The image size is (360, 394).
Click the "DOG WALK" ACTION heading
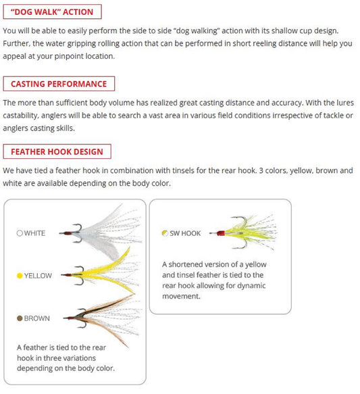click(x=52, y=11)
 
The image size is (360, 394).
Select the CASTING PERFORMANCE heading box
click(x=59, y=84)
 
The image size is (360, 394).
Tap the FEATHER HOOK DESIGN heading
click(x=57, y=151)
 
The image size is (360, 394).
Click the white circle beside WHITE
click(x=20, y=233)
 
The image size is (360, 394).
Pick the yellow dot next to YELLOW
click(x=20, y=276)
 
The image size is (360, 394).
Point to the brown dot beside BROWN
click(x=20, y=318)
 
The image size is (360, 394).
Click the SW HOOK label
click(x=185, y=233)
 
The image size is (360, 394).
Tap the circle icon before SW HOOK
click(x=165, y=233)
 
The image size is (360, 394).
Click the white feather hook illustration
click(x=101, y=232)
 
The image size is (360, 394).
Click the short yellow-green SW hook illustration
click(x=243, y=232)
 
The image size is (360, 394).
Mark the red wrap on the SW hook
click(x=220, y=233)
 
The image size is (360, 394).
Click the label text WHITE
click(x=34, y=233)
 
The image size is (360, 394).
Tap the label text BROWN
click(x=36, y=318)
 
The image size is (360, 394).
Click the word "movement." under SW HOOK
click(x=181, y=296)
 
